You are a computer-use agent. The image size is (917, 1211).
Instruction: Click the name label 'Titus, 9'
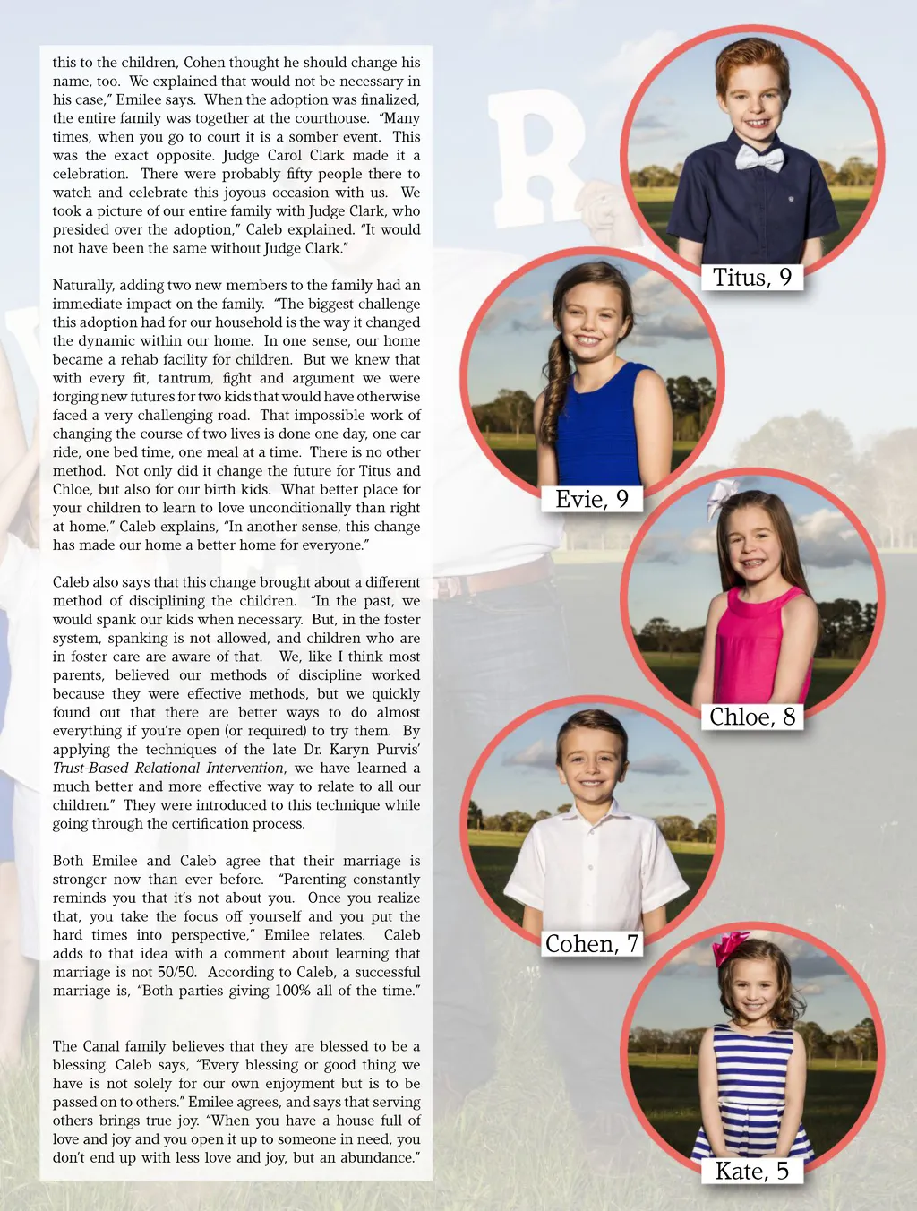coord(752,278)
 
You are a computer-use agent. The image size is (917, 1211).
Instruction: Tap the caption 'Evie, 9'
coord(592,499)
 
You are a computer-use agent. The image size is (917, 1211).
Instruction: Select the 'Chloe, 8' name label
coord(752,717)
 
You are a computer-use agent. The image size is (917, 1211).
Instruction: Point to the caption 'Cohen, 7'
coord(592,944)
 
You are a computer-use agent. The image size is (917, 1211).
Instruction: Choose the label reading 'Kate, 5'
coord(752,1171)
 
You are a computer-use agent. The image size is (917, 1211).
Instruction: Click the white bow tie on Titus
coord(759,159)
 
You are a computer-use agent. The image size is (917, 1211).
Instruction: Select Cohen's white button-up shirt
coord(594,869)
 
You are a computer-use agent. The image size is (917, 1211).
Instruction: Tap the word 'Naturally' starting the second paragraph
coord(84,285)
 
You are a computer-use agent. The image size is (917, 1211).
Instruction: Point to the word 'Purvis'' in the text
coord(398,749)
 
